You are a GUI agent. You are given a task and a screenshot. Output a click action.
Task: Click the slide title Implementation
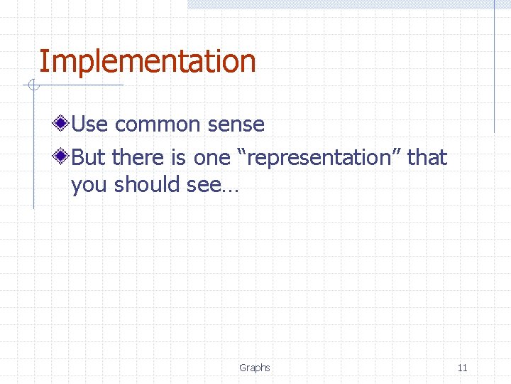[147, 62]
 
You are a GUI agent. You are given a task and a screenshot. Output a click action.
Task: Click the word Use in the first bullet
[90, 124]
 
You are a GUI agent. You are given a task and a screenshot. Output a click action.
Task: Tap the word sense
[236, 124]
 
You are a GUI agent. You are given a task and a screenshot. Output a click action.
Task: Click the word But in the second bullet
[89, 157]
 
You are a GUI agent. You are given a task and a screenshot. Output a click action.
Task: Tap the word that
[428, 157]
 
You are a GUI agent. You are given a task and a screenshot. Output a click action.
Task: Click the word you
[89, 185]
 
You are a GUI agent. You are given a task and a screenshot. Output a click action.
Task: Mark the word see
[204, 185]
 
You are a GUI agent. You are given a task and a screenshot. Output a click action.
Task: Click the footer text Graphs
[255, 368]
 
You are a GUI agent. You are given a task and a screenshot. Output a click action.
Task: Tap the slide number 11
[462, 368]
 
